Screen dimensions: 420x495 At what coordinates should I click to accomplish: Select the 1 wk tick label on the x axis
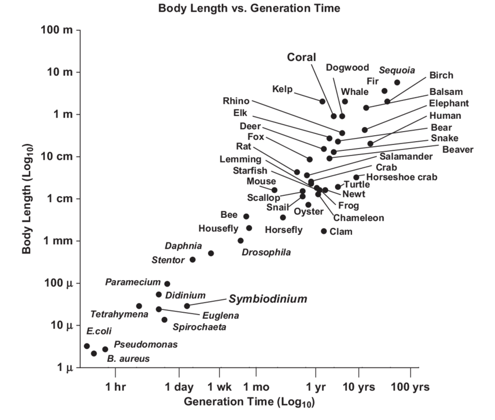tap(220, 387)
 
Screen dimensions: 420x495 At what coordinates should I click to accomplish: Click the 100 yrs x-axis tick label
tap(410, 387)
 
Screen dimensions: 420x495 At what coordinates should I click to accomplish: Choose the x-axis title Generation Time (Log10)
tap(249, 402)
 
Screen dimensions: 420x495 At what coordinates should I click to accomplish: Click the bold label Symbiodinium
tap(267, 299)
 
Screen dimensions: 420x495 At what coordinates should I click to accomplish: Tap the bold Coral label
tap(302, 57)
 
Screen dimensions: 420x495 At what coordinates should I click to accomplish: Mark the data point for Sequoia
tap(397, 83)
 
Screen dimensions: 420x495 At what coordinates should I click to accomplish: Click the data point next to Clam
tap(324, 231)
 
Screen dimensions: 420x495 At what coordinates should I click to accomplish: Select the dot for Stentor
tap(193, 259)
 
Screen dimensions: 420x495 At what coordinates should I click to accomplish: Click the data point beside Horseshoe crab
tap(356, 177)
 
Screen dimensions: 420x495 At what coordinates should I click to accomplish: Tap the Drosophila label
tap(266, 252)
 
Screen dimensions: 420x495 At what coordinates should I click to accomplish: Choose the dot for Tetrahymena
tap(139, 306)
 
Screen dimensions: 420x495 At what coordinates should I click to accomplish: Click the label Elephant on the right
tap(448, 103)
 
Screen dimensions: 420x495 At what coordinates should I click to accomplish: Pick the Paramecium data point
tap(167, 284)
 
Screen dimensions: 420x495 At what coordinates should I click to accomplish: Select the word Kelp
tap(282, 89)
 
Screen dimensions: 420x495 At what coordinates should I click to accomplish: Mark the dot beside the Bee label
tap(246, 216)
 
